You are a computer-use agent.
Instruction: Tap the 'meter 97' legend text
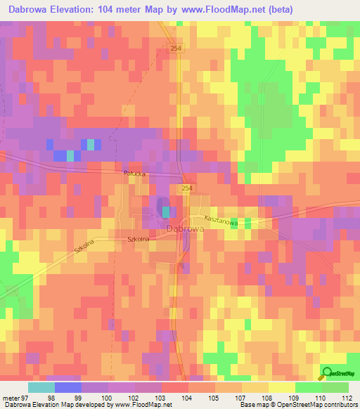[14, 397]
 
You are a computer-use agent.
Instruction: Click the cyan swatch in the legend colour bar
[41, 387]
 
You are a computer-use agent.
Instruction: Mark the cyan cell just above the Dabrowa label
[166, 211]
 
